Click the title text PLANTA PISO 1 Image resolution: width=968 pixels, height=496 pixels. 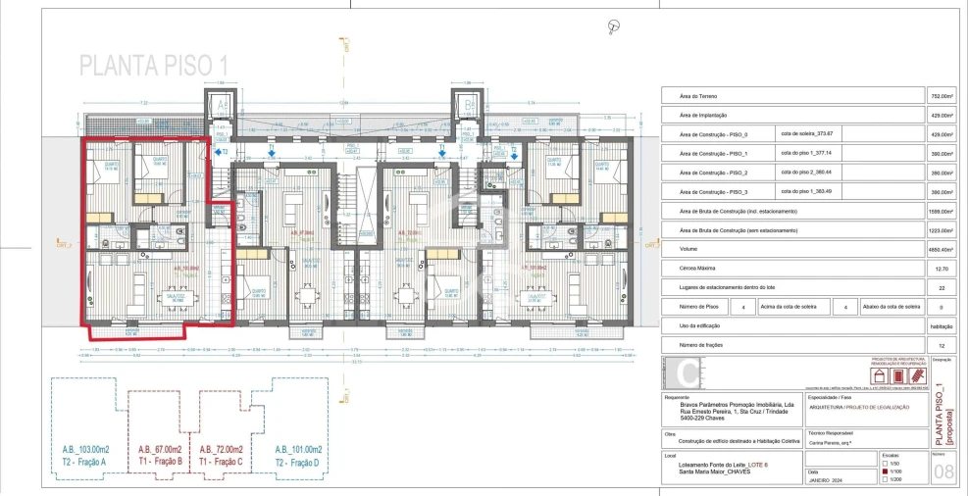point(154,65)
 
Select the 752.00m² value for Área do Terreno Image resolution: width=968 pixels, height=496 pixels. point(941,97)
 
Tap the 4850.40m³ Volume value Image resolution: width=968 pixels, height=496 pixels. point(941,249)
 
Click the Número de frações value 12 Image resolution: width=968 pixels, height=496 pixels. point(941,344)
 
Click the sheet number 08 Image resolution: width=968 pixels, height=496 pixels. point(943,473)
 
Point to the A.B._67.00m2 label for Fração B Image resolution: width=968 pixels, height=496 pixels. point(162,449)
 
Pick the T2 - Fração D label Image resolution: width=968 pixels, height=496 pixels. point(298,461)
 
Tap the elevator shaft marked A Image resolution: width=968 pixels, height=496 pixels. point(222,104)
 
